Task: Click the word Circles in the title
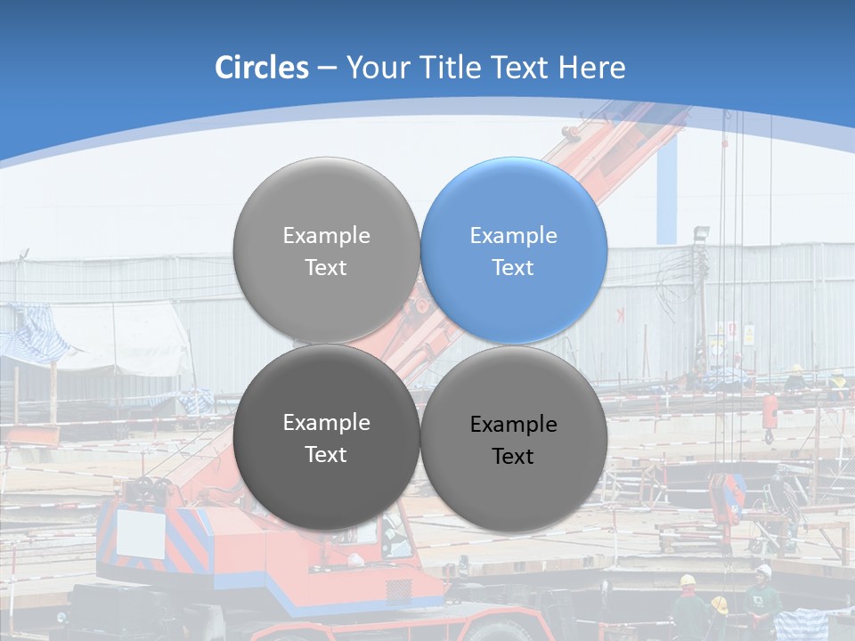coord(261,68)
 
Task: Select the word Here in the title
coord(592,68)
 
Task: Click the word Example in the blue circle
coord(513,236)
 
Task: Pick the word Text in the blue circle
coord(513,267)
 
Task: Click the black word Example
coord(513,425)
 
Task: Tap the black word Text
coord(513,457)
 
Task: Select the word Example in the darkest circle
coord(326,423)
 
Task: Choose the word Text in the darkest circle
coord(326,454)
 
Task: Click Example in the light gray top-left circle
coord(326,236)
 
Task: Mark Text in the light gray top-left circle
coord(326,267)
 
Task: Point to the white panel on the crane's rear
coord(141,532)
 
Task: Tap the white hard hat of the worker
coord(763,570)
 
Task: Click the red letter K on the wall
coord(621,314)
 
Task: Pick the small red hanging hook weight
coord(769,415)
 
